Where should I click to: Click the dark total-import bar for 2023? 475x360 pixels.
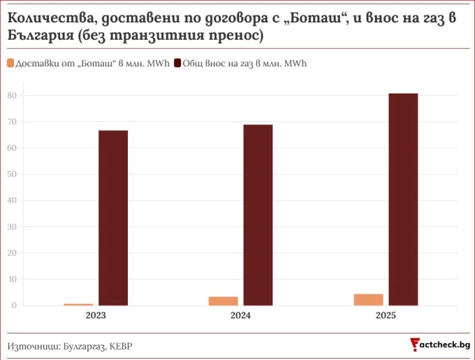pyautogui.click(x=113, y=218)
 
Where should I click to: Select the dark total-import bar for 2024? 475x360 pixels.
pyautogui.click(x=258, y=215)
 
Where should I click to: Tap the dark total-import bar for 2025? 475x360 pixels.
pyautogui.click(x=403, y=199)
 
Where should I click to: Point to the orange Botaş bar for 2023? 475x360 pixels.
pyautogui.click(x=78, y=304)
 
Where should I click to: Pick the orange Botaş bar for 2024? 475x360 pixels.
pyautogui.click(x=224, y=301)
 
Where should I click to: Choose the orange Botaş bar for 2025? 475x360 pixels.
pyautogui.click(x=368, y=300)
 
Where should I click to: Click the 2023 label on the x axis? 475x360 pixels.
pyautogui.click(x=96, y=315)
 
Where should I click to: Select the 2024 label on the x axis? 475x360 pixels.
pyautogui.click(x=240, y=315)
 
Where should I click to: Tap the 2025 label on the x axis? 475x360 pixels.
pyautogui.click(x=386, y=315)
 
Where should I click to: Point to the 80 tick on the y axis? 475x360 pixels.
pyautogui.click(x=12, y=96)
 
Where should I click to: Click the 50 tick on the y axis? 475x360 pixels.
pyautogui.click(x=12, y=174)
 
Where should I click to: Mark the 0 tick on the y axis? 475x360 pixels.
pyautogui.click(x=14, y=305)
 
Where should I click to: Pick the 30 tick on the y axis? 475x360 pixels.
pyautogui.click(x=12, y=226)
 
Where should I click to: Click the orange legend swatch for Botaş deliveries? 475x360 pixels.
pyautogui.click(x=10, y=63)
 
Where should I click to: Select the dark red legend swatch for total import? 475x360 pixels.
pyautogui.click(x=177, y=63)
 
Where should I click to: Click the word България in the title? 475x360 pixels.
pyautogui.click(x=41, y=36)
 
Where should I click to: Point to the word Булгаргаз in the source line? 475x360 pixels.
pyautogui.click(x=84, y=346)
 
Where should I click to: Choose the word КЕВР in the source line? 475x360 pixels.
pyautogui.click(x=121, y=346)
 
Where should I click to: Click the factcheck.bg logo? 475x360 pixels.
pyautogui.click(x=440, y=345)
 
